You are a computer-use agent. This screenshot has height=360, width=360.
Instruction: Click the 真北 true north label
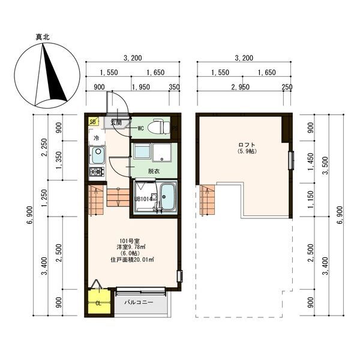point(43,37)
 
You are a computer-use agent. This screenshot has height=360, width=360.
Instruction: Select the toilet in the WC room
point(158,127)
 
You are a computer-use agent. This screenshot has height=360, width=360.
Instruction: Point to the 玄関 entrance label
point(116,122)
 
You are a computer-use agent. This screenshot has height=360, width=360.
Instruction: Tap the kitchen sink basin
point(97,155)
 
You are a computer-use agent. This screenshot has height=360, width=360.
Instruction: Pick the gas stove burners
point(97,171)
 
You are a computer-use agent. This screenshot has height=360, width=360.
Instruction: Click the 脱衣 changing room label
point(154,171)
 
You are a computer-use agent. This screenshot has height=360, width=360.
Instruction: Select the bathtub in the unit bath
point(167,197)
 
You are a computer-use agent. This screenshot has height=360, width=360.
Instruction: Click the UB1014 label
point(143,199)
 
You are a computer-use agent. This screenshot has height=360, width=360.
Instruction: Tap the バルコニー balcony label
point(139,302)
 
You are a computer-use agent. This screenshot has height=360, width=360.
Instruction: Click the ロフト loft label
point(247,145)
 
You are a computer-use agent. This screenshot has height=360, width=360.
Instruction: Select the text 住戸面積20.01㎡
point(132,260)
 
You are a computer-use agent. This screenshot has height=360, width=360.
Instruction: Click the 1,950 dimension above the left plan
point(141,87)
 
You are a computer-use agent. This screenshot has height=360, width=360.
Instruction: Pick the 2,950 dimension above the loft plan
point(241,87)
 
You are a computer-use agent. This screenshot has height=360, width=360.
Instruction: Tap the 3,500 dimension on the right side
point(326,166)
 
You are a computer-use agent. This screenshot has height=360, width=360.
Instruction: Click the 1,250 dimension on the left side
point(44,198)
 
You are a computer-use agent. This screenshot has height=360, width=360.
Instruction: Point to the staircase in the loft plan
point(207,200)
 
